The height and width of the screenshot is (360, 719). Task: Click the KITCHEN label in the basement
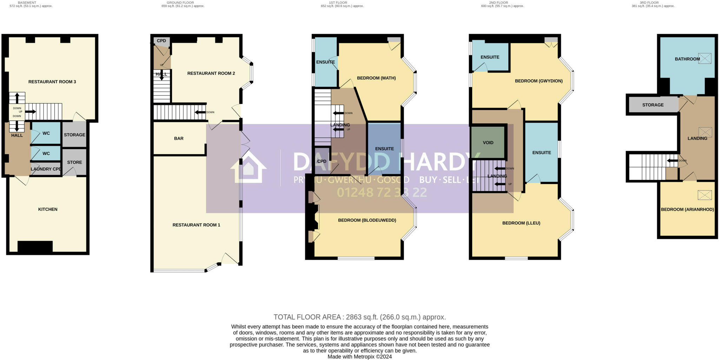click(x=48, y=209)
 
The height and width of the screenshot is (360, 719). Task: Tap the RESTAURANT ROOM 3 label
click(x=52, y=82)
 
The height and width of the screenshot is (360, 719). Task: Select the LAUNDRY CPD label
click(x=46, y=169)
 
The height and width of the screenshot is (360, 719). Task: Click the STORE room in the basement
click(x=74, y=162)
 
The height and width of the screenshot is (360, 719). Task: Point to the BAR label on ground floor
click(x=179, y=138)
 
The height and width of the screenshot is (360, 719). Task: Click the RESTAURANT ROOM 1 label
click(x=196, y=225)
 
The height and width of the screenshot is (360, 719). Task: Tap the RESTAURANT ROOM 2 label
click(x=211, y=73)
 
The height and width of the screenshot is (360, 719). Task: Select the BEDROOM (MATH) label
click(x=376, y=78)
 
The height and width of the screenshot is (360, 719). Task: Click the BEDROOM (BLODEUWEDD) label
click(x=367, y=220)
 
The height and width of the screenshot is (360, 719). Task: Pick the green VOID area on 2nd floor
click(x=488, y=143)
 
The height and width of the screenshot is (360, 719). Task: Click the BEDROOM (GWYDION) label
click(x=539, y=81)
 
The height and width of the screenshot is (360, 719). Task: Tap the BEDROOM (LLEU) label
click(x=521, y=223)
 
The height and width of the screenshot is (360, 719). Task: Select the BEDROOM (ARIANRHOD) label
click(x=687, y=210)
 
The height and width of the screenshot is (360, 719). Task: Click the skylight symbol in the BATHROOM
click(x=705, y=58)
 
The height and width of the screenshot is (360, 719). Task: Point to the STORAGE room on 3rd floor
click(x=653, y=105)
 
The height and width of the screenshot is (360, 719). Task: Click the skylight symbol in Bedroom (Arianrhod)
click(x=705, y=195)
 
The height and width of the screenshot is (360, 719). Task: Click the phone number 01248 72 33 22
click(x=382, y=192)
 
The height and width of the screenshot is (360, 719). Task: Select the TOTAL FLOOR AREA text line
click(x=359, y=317)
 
